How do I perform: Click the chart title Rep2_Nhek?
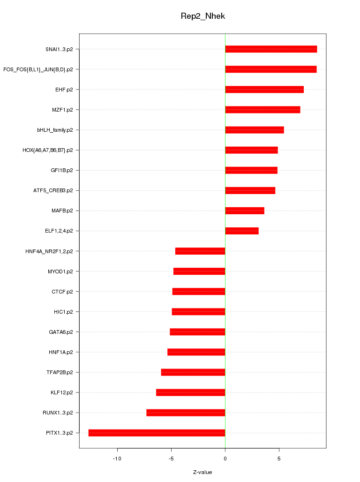point(203,16)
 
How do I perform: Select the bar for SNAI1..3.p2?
point(271,49)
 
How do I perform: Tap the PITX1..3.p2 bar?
point(157,433)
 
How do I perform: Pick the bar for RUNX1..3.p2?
point(186,413)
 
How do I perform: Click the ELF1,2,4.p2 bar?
point(242,231)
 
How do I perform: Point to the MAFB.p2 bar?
point(245,211)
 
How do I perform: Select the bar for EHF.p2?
point(264,90)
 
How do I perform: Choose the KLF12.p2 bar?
point(191,392)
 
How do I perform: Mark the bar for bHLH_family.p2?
point(255,130)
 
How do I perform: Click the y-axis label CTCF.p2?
point(62,292)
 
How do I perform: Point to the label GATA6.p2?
point(61,332)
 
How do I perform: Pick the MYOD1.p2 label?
point(60,271)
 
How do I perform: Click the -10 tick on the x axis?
point(117,458)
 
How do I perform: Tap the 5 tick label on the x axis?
point(279,458)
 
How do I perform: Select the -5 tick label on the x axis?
point(171,458)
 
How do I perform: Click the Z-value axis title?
point(202,472)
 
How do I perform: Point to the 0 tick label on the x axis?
point(225,458)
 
